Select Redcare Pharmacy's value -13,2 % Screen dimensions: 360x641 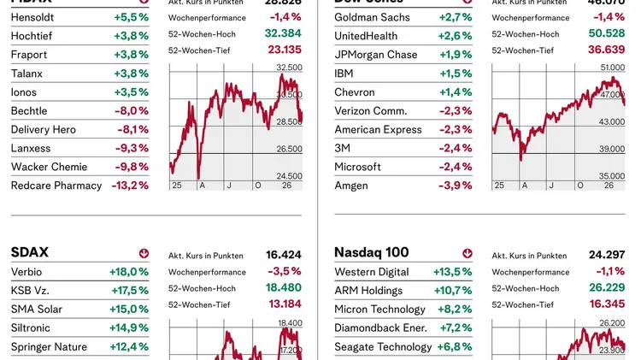(130, 186)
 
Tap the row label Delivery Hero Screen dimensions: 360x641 (44, 130)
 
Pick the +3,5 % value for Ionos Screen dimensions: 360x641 (131, 92)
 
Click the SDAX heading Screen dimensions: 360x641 (30, 252)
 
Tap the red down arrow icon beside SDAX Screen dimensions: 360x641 (144, 253)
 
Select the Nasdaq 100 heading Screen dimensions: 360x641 (372, 252)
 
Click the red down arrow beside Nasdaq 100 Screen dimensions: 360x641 (468, 253)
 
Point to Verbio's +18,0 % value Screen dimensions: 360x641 (130, 272)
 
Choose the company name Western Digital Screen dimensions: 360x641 (372, 272)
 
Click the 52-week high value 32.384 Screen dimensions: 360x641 (284, 33)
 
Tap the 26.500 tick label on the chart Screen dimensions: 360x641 (289, 149)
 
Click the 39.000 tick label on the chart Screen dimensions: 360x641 (612, 149)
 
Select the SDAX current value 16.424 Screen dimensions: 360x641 (284, 255)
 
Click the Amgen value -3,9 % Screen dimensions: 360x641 (455, 186)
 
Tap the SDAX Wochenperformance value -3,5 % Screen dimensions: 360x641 (285, 272)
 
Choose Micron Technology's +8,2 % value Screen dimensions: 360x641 (455, 310)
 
